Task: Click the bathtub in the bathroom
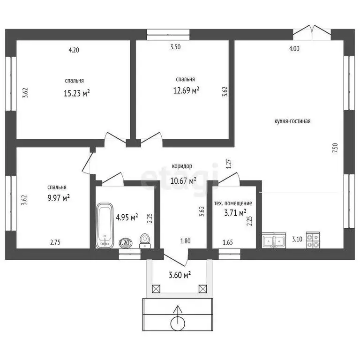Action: [x=105, y=225]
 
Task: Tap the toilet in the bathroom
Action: [x=145, y=241]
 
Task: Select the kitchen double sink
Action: [x=274, y=240]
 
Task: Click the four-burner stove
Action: [x=313, y=240]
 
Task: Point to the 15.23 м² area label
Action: [x=77, y=93]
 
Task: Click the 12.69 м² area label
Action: [x=186, y=90]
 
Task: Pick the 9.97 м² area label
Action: [x=59, y=198]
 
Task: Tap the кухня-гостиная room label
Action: [x=292, y=121]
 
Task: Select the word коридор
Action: [x=182, y=166]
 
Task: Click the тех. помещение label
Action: [x=233, y=203]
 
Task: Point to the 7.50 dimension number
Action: [x=335, y=148]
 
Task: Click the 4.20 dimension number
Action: [x=74, y=50]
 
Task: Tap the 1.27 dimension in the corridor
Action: [x=229, y=164]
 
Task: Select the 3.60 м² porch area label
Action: [x=180, y=275]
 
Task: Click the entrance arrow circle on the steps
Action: [x=178, y=323]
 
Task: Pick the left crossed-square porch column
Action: [x=156, y=289]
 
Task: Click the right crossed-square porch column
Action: [x=202, y=289]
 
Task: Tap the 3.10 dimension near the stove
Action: [x=297, y=239]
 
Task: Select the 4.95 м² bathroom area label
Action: [x=127, y=217]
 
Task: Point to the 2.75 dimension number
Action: [x=55, y=242]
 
